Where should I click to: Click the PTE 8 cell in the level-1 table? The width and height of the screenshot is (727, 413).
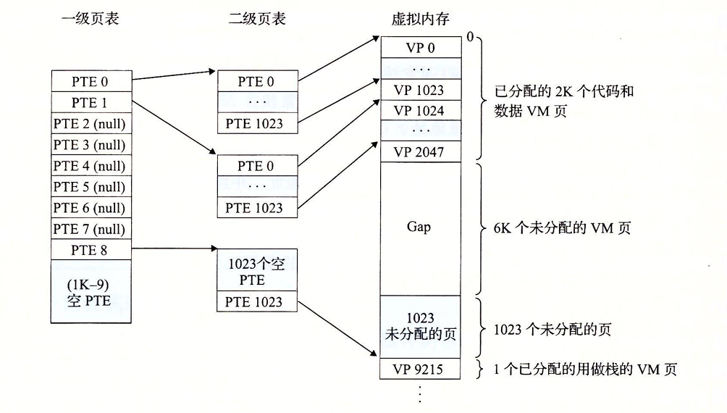click(x=90, y=250)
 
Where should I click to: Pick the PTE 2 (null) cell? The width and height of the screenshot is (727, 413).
click(x=90, y=123)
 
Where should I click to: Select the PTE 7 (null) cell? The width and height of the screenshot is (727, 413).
click(x=90, y=229)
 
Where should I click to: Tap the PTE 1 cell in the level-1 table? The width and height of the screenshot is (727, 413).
click(x=90, y=102)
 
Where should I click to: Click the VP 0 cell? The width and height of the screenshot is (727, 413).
click(x=419, y=48)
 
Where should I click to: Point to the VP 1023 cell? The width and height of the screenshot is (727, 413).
click(x=419, y=91)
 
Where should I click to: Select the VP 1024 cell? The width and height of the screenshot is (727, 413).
click(x=419, y=111)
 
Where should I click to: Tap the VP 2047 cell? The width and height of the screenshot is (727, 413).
click(x=419, y=152)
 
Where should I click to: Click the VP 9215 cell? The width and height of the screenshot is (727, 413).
click(x=419, y=370)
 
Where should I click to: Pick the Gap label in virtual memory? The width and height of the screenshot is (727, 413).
click(x=419, y=227)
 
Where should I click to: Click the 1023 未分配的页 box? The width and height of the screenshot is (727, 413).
click(x=419, y=327)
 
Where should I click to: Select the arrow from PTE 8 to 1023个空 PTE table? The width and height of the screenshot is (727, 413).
click(x=174, y=250)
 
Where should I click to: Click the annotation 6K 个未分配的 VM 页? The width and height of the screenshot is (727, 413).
click(x=556, y=228)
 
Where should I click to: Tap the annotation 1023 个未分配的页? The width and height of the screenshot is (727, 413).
click(x=552, y=329)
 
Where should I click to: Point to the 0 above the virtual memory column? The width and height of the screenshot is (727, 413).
click(x=470, y=36)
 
